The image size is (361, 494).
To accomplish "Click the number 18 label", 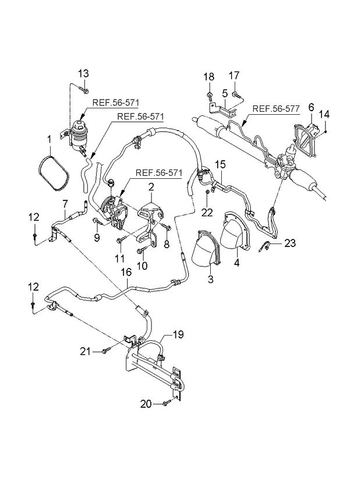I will click(x=208, y=77).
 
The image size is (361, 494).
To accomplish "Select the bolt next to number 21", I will click(x=105, y=350).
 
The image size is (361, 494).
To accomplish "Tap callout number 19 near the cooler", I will click(x=178, y=334).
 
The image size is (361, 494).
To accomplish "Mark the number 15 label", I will click(x=220, y=165).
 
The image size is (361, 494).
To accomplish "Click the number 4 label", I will click(x=236, y=262).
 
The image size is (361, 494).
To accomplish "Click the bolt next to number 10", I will click(x=140, y=250).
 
